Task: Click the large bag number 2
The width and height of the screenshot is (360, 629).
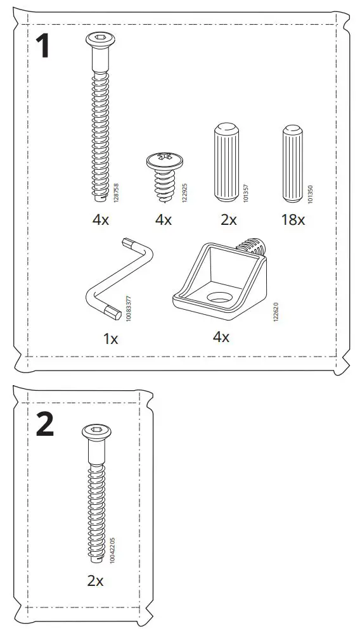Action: pos(44,425)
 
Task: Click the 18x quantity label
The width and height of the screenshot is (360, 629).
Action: pos(292,220)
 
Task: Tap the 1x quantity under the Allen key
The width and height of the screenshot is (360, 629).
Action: pos(110,339)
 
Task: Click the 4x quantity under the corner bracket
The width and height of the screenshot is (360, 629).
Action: pos(221,337)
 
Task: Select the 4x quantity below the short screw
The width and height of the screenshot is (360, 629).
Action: pos(163,220)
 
